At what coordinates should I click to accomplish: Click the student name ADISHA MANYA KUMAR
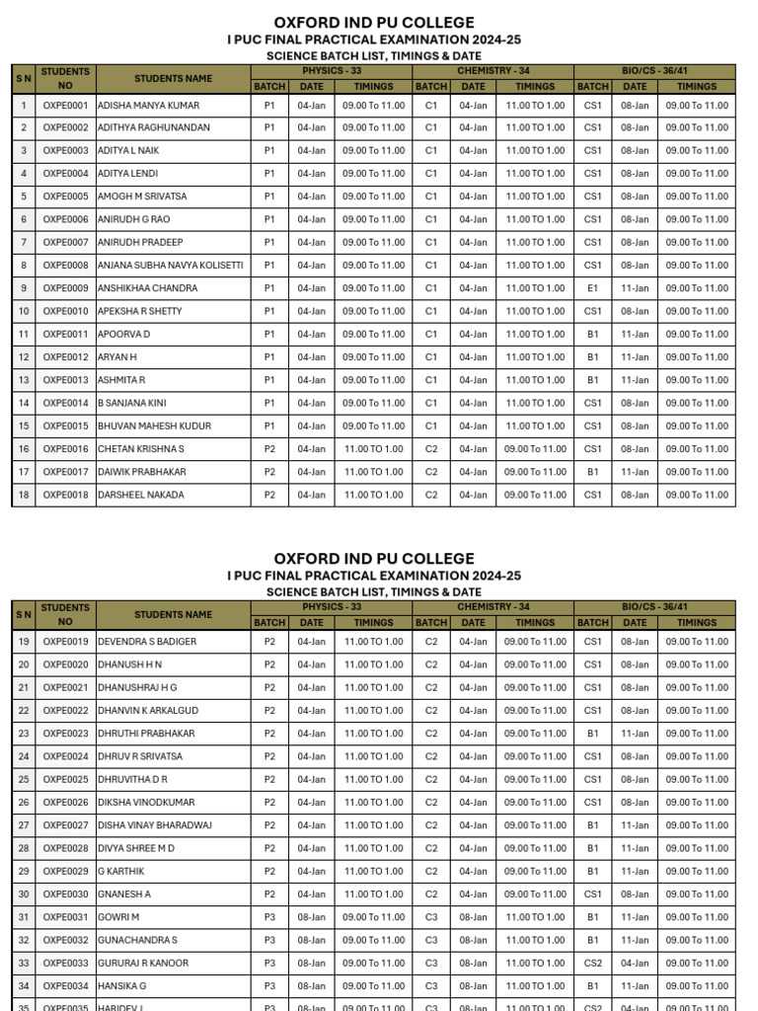point(148,105)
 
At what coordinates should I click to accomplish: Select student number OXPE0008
point(65,266)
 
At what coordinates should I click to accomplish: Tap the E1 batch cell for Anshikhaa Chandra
point(592,288)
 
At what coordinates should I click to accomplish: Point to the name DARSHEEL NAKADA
point(141,495)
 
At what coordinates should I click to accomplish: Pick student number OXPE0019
point(65,642)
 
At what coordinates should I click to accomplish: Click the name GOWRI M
point(118,917)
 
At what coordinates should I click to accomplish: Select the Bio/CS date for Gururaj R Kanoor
point(635,963)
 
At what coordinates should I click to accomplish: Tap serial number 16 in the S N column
point(24,449)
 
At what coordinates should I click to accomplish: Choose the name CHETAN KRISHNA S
point(141,449)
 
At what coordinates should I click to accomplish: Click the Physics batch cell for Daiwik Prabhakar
point(269,472)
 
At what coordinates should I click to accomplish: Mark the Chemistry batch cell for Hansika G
point(431,985)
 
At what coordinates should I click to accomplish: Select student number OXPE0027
point(65,825)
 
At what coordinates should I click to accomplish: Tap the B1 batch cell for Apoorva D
point(592,335)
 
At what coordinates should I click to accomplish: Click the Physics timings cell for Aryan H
point(373,357)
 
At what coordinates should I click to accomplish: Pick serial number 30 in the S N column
point(24,894)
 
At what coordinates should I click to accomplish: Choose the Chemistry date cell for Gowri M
point(473,917)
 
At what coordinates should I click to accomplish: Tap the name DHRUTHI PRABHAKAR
point(146,734)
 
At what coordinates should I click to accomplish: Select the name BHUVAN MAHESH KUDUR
point(155,427)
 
